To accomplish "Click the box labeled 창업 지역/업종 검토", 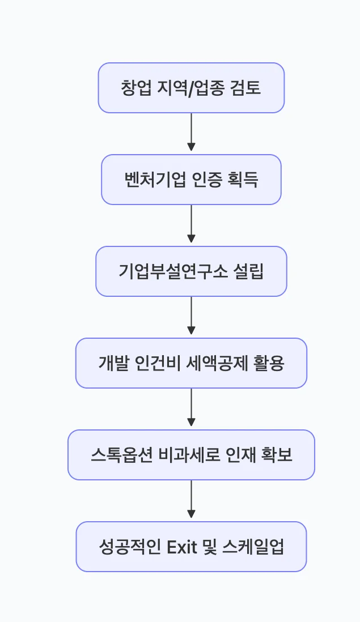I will [191, 88].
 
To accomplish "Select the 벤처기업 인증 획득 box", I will [191, 180].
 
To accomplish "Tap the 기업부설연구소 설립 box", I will [191, 271].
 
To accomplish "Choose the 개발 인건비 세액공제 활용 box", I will [191, 363].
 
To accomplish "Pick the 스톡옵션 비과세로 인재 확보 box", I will [191, 455].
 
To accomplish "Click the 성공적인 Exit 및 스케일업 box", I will [191, 547].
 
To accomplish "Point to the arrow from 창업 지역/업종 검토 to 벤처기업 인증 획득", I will [191, 132].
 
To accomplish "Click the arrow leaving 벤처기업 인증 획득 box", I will [191, 224].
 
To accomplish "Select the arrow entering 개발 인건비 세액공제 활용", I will [191, 316].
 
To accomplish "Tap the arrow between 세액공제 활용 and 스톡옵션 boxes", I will [191, 407].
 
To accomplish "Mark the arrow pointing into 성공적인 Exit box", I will [191, 499].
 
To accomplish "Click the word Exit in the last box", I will [181, 547].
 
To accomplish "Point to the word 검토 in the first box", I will [246, 88].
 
